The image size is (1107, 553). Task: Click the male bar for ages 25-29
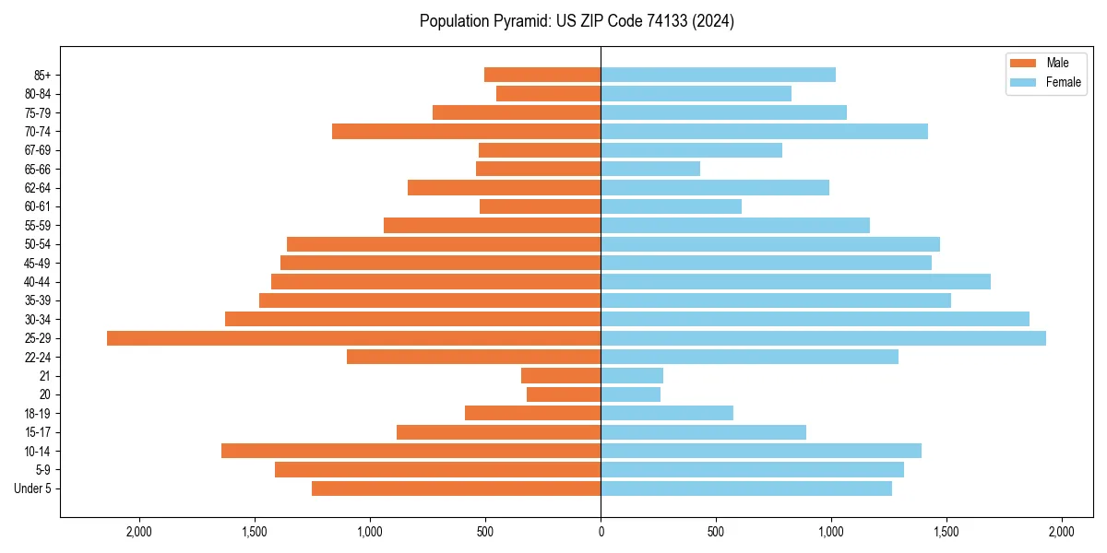353,338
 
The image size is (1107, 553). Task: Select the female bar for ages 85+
718,75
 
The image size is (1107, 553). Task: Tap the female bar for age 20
630,394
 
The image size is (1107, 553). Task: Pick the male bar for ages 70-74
466,131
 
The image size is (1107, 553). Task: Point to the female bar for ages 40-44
795,281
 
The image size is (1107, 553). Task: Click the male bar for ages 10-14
411,451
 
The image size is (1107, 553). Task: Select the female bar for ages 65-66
650,169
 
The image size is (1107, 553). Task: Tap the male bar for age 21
561,376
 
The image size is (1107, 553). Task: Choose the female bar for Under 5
746,488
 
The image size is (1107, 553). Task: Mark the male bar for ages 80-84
548,93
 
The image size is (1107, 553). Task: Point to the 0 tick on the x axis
601,532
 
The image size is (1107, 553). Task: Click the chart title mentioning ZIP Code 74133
577,21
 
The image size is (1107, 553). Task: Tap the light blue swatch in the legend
1024,82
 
